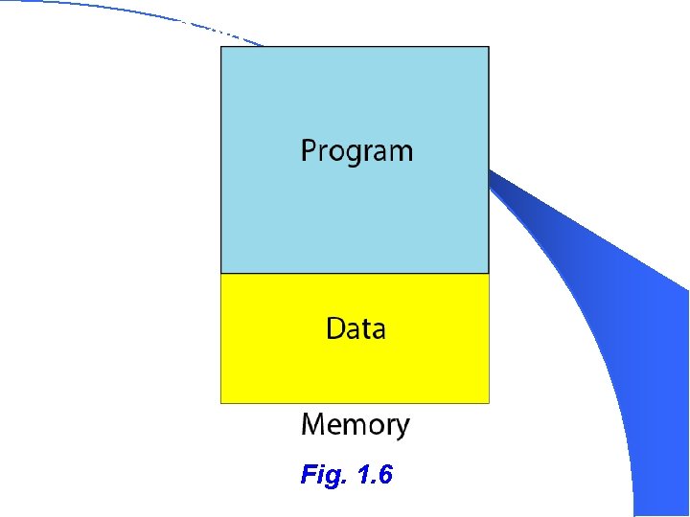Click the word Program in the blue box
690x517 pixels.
click(x=356, y=151)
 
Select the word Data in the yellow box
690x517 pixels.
click(x=356, y=328)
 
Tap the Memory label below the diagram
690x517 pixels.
click(x=355, y=424)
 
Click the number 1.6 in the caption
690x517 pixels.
click(x=374, y=474)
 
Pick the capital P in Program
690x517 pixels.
click(x=310, y=150)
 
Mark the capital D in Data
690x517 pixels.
click(x=335, y=328)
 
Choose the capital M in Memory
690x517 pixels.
click(x=312, y=423)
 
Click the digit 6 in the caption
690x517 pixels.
click(x=385, y=474)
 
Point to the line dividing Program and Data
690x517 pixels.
click(x=355, y=274)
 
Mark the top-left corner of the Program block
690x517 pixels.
click(x=221, y=47)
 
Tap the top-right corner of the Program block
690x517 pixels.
click(x=489, y=47)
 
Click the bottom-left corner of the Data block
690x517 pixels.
click(x=221, y=402)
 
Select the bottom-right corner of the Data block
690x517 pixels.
click(x=489, y=402)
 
